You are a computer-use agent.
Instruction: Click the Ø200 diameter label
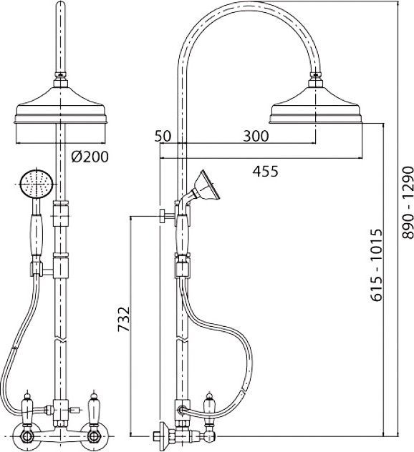90,157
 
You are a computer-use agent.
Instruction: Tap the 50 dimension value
163,136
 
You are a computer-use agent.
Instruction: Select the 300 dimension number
256,136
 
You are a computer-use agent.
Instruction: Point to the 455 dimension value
265,171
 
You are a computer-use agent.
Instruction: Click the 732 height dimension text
124,319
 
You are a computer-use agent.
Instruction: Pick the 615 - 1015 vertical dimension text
377,265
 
